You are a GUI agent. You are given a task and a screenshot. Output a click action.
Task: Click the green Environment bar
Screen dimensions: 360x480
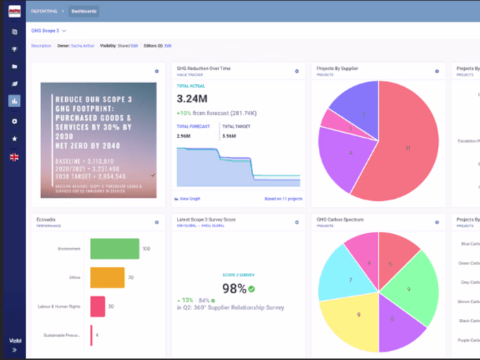pos(115,249)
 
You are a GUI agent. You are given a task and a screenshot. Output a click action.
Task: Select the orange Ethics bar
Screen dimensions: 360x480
pos(106,277)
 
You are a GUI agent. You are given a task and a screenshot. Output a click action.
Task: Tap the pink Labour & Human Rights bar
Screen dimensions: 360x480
pos(97,307)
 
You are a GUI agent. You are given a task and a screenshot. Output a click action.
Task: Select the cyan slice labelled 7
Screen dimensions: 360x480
pos(347,278)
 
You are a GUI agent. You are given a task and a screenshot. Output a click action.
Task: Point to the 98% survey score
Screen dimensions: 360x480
pos(234,289)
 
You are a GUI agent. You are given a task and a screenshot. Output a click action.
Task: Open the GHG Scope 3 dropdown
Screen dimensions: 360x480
pos(49,31)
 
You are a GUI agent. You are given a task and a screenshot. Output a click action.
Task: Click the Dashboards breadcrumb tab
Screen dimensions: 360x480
pos(84,11)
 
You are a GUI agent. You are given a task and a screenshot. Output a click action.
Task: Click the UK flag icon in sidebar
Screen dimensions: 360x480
pos(14,157)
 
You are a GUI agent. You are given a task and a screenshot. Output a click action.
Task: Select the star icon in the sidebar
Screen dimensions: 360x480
pos(14,139)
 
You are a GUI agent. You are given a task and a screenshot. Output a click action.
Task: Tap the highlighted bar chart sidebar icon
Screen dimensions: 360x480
pos(14,101)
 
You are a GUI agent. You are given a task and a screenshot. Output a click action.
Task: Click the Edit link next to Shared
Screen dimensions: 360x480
pos(134,45)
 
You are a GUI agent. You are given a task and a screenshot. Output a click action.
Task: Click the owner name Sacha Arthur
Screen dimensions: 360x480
pos(83,45)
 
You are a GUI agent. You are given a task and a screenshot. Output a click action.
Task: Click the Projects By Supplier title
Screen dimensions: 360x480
pos(337,69)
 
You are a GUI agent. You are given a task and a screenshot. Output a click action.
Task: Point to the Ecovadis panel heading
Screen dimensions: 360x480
pos(46,219)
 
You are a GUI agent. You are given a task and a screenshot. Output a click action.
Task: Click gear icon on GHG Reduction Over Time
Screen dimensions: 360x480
pos(297,71)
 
